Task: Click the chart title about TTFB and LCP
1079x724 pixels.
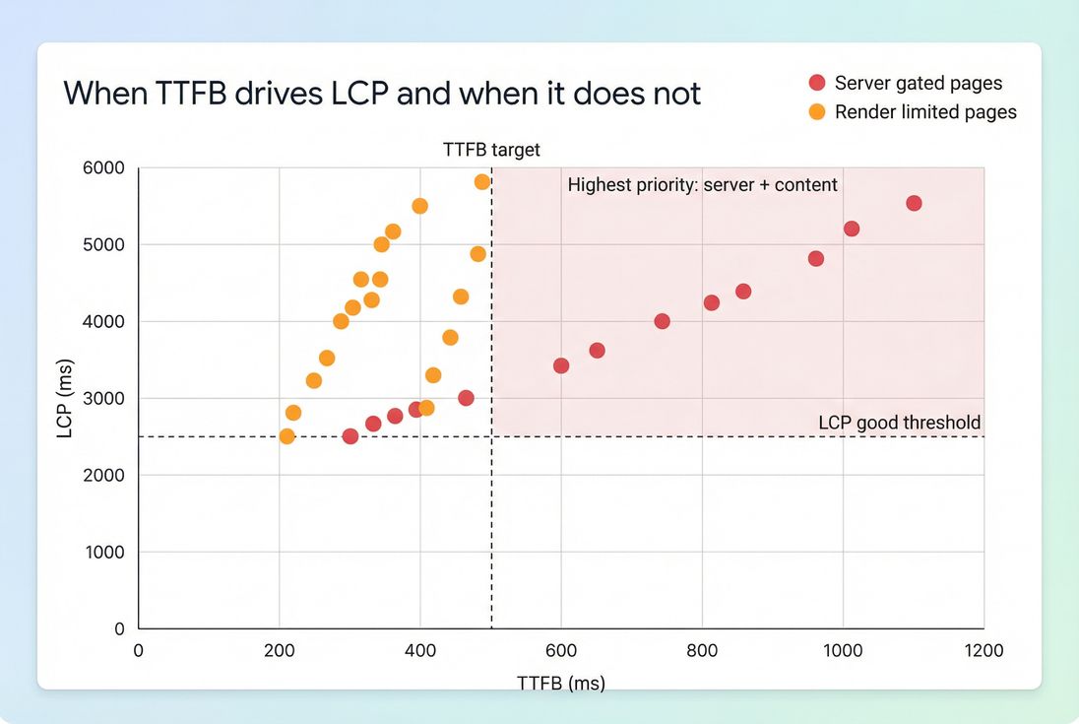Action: pos(382,94)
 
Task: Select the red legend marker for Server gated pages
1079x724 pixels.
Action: pos(817,84)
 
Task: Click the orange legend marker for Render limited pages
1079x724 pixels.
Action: pos(817,112)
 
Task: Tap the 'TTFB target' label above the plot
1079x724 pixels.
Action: pos(491,151)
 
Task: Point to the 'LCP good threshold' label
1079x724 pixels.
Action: pos(899,423)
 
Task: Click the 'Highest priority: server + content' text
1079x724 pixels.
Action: pos(702,184)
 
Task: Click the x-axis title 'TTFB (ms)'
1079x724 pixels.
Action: pos(560,683)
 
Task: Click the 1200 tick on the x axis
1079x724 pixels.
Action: pos(983,651)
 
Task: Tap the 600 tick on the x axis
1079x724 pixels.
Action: pos(561,651)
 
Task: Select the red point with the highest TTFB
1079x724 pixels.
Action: pos(914,203)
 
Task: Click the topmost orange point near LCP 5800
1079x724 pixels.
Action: pos(481,182)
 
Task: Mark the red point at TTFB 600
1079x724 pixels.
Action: pos(561,365)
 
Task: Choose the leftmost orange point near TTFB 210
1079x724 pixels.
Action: pos(286,436)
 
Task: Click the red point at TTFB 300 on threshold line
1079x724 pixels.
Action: pos(349,436)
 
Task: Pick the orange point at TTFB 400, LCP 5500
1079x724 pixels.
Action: pos(419,206)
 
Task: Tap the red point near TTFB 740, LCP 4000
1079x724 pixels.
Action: pos(662,321)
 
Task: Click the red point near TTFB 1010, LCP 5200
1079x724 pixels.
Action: pos(852,229)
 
